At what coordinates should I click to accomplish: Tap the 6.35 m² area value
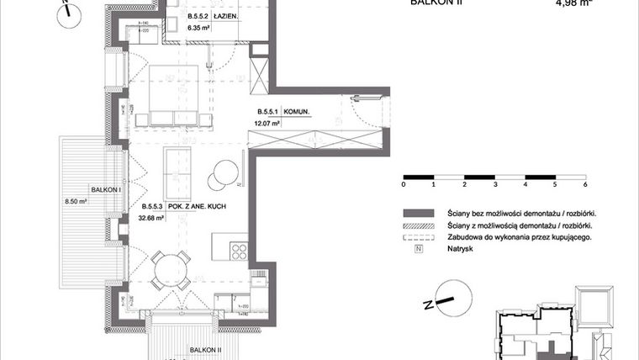coord(198,27)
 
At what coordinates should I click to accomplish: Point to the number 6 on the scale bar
coord(584,183)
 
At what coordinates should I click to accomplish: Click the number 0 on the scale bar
coord(404,183)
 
